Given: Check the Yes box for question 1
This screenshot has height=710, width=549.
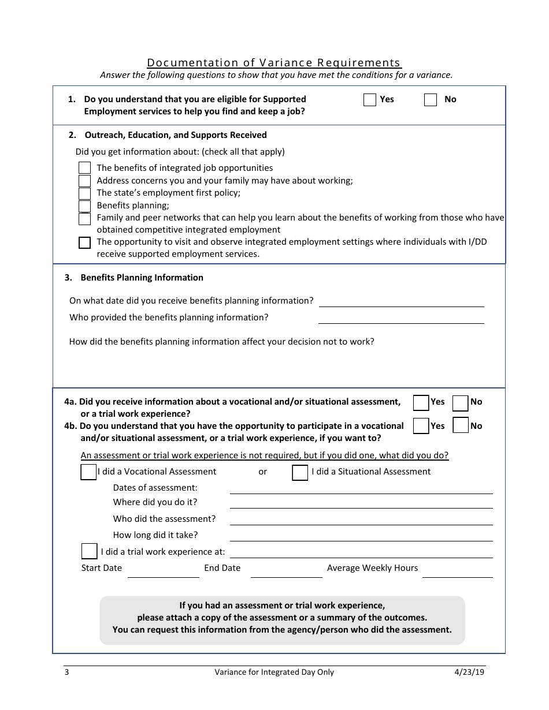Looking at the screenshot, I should click(x=370, y=100).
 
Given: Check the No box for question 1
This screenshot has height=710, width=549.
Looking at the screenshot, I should click(x=431, y=100).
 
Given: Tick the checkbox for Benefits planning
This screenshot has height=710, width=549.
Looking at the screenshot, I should click(x=84, y=206).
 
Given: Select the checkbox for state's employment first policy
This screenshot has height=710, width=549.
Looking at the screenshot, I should click(x=84, y=193).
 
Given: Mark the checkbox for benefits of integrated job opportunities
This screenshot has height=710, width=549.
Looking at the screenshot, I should click(x=84, y=168).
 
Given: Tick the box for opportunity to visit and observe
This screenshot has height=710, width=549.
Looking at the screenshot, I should click(x=84, y=242).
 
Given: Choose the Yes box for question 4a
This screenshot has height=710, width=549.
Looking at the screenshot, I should click(x=421, y=402).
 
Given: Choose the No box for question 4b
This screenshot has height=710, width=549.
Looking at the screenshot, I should click(x=461, y=426).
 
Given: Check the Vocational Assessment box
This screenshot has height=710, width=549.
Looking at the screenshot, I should click(x=88, y=472).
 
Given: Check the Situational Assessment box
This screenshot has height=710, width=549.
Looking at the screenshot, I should click(x=300, y=473).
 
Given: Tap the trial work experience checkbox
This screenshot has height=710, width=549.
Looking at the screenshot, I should click(x=89, y=551).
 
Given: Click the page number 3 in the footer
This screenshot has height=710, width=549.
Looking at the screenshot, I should click(x=66, y=672).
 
